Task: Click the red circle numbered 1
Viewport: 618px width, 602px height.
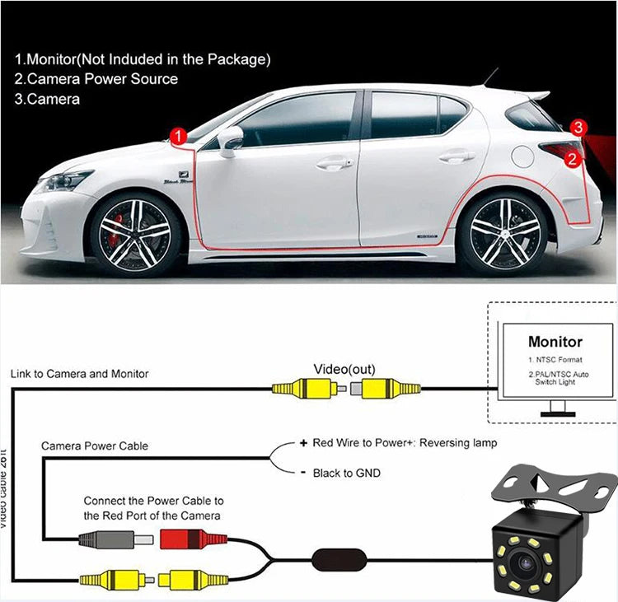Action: click(176, 135)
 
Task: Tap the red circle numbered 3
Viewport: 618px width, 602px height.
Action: click(579, 128)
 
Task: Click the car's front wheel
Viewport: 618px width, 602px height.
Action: click(134, 233)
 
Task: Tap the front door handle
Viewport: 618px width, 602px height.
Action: click(335, 163)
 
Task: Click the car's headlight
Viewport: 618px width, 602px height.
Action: click(67, 180)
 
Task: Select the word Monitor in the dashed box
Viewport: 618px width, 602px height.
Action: click(555, 341)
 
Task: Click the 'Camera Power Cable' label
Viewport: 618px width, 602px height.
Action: click(95, 446)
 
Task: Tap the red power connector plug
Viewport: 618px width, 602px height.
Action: click(191, 540)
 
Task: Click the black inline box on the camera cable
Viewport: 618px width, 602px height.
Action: click(336, 558)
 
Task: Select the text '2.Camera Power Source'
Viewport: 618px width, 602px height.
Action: click(96, 79)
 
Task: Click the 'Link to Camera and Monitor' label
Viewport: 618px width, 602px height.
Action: click(80, 374)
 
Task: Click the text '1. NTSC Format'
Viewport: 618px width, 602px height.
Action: click(555, 360)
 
